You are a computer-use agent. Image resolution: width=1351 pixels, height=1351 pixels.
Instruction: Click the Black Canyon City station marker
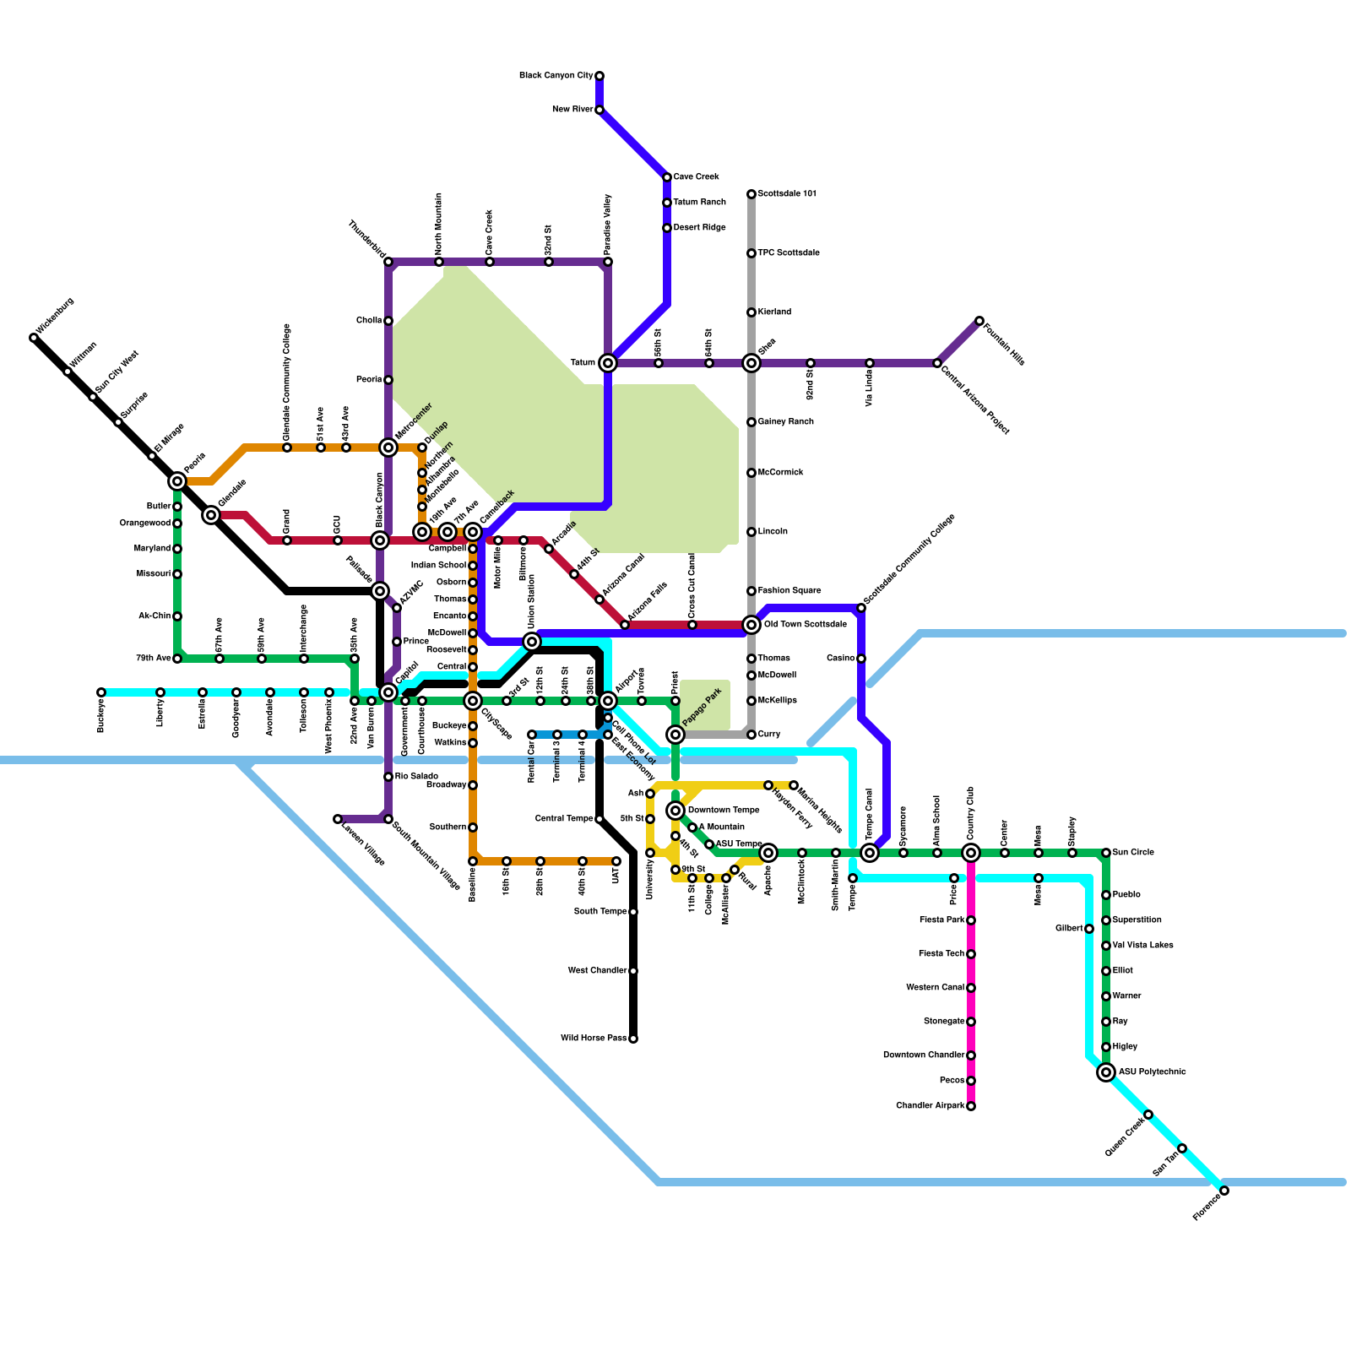coord(600,76)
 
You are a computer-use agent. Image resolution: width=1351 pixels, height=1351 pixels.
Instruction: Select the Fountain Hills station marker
coord(979,321)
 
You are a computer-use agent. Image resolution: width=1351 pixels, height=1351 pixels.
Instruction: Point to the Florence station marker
coord(1224,1191)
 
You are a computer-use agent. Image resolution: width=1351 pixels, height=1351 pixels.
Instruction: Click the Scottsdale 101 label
coord(787,194)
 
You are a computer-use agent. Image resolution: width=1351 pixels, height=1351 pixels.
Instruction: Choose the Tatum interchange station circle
coord(608,363)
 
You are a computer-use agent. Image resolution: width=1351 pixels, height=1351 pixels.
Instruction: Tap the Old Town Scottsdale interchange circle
coord(751,625)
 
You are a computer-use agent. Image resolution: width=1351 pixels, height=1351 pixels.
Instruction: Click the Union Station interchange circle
coord(532,642)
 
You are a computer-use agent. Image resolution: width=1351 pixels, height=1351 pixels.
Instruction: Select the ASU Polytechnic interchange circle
coord(1106,1072)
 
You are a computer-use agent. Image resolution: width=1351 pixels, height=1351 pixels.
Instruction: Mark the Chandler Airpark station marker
coord(971,1106)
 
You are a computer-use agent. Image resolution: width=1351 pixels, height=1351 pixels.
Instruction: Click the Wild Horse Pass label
coord(594,1039)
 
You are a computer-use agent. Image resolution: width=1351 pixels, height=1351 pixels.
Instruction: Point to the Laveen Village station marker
coord(338,819)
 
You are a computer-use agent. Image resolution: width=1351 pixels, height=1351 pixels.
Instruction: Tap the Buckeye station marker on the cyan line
coord(101,692)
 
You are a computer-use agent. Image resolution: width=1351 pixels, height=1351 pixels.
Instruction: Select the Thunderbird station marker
coord(388,262)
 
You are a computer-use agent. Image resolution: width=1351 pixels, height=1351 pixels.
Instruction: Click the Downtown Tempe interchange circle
coord(675,811)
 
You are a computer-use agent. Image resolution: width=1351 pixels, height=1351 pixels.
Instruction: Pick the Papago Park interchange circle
coord(675,735)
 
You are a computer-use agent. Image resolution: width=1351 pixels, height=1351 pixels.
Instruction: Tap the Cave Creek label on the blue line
coord(696,177)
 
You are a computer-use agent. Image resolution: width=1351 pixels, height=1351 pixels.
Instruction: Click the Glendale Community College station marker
coord(287,448)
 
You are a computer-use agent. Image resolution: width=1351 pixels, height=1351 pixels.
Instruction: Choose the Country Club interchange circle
coord(971,853)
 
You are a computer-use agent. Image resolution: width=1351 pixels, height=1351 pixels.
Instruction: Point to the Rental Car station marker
coord(532,735)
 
